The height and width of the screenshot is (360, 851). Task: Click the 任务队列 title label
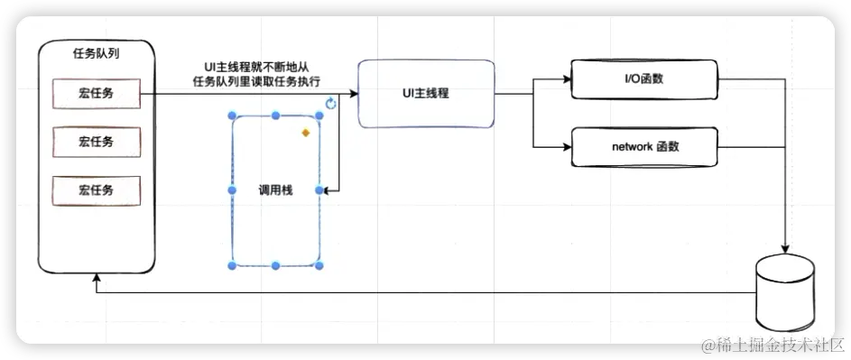point(97,53)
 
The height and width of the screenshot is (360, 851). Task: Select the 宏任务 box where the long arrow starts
point(97,92)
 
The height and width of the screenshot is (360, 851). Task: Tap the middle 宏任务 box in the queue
point(97,142)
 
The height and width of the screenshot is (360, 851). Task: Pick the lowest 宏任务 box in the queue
point(97,190)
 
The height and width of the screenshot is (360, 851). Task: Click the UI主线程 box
point(426,94)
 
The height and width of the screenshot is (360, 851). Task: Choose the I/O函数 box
point(644,78)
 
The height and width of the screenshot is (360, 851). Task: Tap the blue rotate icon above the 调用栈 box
point(330,105)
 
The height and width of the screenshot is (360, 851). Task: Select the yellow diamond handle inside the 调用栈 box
point(306,133)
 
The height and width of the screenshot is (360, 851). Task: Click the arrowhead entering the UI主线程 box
point(354,93)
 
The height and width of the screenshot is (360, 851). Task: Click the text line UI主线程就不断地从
point(256,67)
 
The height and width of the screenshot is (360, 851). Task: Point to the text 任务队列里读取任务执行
point(256,80)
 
